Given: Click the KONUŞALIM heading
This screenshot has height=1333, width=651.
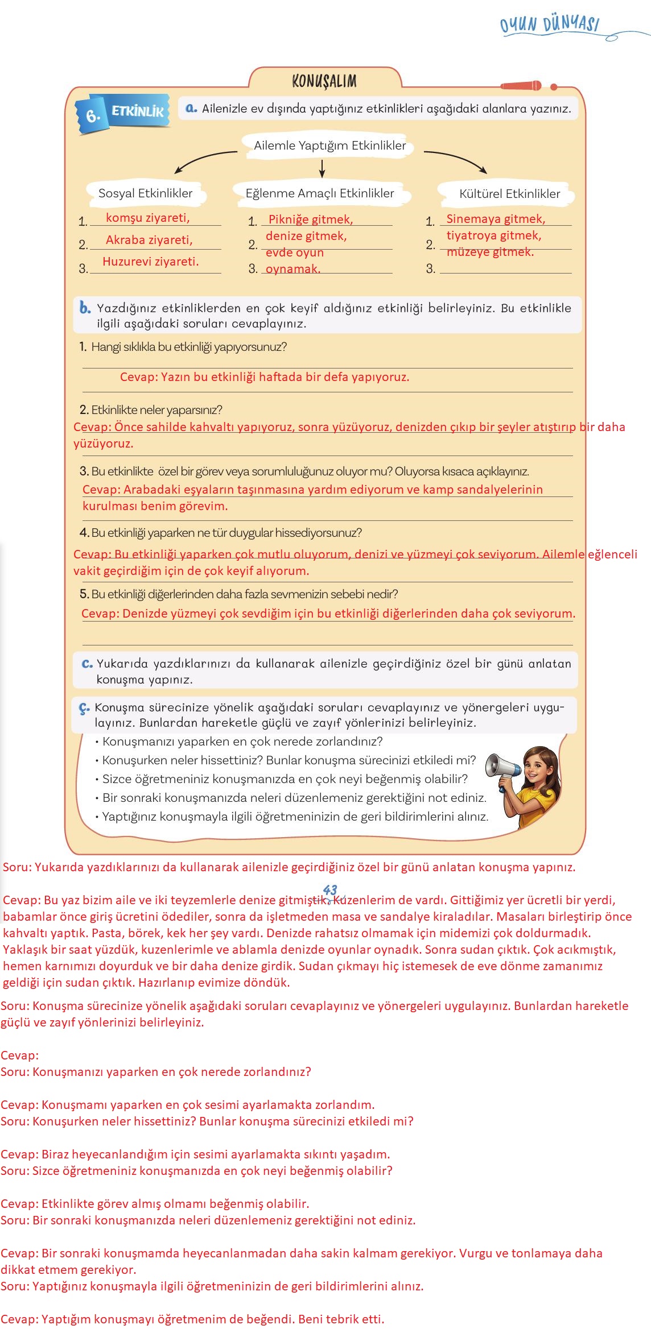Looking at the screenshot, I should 324,81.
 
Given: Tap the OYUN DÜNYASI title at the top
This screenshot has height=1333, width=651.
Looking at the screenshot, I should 549,24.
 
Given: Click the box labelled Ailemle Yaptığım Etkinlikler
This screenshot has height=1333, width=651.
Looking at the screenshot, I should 329,146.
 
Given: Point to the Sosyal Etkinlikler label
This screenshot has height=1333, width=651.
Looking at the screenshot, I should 145,193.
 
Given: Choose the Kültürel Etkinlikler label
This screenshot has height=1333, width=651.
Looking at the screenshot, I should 509,194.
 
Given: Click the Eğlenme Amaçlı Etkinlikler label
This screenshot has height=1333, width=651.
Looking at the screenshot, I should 319,193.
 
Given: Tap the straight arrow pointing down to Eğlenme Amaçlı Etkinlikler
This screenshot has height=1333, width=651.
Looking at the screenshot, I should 322,168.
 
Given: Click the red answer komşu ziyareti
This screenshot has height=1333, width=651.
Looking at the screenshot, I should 147,218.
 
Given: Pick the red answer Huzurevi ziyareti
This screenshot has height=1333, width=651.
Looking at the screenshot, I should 150,262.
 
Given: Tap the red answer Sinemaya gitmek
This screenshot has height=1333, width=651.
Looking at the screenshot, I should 495,219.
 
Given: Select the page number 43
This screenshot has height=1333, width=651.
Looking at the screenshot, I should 329,890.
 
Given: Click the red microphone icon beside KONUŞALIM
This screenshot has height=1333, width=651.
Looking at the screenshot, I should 521,86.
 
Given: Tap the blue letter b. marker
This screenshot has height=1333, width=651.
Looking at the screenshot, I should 85,308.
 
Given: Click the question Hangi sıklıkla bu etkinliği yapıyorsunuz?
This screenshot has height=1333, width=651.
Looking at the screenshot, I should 188,347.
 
